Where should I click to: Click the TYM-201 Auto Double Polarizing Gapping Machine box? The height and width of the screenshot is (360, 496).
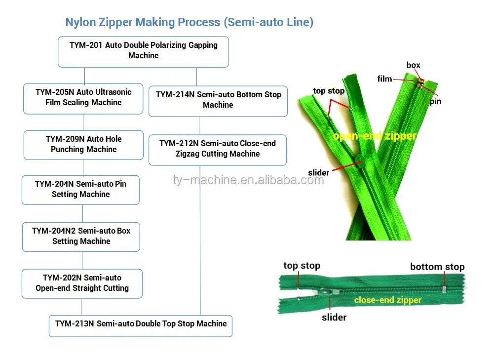click(x=143, y=52)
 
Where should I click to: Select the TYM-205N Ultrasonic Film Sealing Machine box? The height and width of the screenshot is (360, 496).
click(x=83, y=99)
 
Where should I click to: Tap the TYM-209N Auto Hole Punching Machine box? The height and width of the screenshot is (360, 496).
click(x=83, y=145)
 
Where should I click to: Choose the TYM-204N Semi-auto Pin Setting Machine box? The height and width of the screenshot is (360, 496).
click(x=80, y=190)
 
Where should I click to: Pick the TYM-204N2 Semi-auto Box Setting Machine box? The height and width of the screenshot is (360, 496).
click(x=81, y=237)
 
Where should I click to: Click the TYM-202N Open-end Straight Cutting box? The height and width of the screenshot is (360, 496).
click(x=82, y=283)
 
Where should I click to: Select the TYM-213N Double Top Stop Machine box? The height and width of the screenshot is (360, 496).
click(x=141, y=326)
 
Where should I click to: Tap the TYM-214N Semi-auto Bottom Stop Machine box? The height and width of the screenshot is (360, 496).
click(x=218, y=101)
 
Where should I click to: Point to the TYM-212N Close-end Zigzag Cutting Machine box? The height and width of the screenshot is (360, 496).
click(x=218, y=150)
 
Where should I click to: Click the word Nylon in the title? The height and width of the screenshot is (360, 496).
click(x=80, y=22)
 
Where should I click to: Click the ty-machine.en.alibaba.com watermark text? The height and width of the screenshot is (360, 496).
click(x=248, y=180)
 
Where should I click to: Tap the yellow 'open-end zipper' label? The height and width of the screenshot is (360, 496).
click(x=375, y=136)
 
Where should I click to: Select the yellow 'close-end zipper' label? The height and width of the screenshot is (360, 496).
click(x=387, y=300)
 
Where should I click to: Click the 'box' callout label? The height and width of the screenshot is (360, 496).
click(x=413, y=65)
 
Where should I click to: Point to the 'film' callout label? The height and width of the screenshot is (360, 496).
click(x=384, y=79)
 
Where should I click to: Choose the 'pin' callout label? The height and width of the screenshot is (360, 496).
click(x=435, y=101)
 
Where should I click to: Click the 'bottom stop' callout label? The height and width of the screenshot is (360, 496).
click(x=437, y=267)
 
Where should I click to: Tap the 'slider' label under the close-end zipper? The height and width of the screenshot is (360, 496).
click(x=334, y=317)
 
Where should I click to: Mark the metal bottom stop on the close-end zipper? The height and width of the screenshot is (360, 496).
click(x=444, y=289)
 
